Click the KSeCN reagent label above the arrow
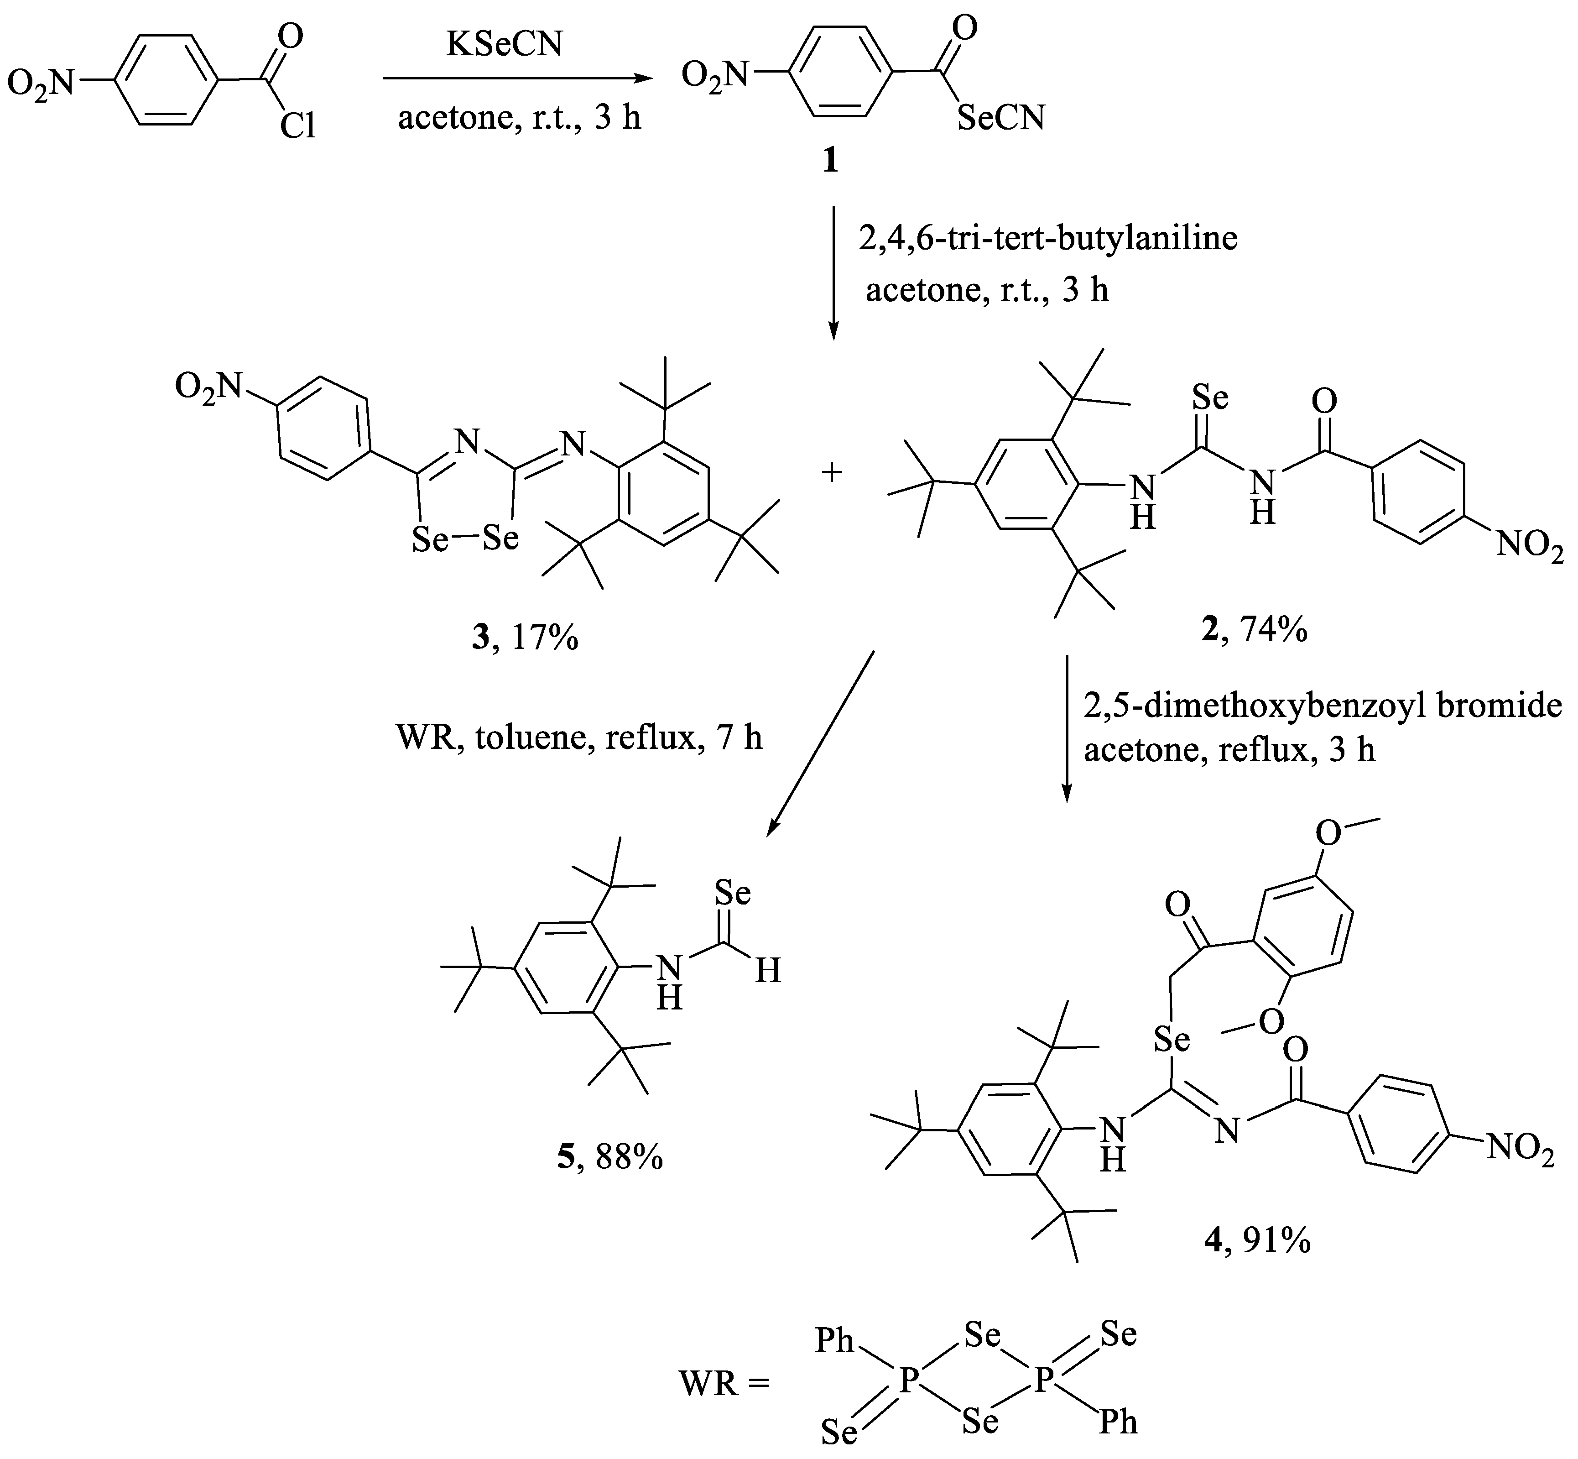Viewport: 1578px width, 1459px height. [x=505, y=45]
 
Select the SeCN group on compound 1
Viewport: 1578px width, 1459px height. [x=1000, y=118]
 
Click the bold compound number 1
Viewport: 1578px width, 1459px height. [x=830, y=162]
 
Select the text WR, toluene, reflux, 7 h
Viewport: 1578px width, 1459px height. [x=578, y=738]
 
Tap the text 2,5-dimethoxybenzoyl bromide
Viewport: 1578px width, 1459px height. [x=1322, y=705]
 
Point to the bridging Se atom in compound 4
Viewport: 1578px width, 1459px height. [x=1172, y=1040]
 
